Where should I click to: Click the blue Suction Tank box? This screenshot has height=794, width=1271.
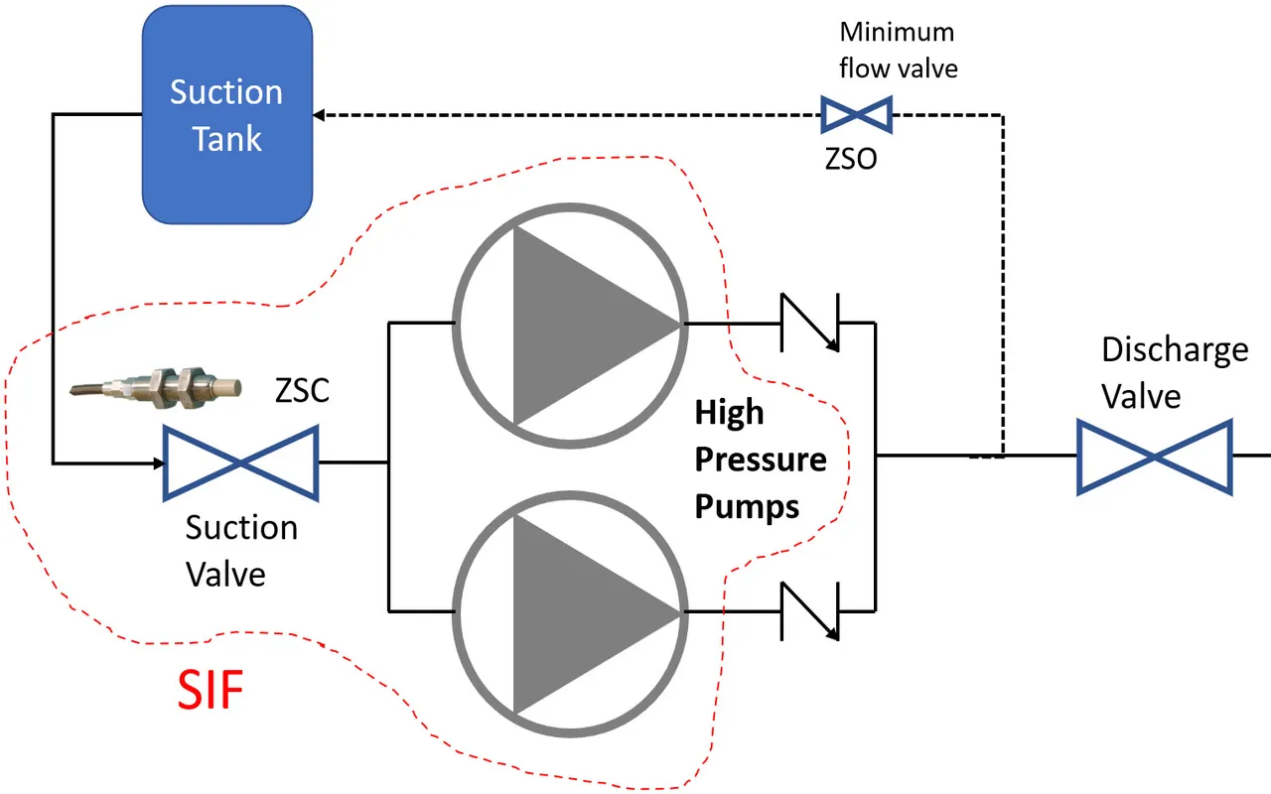[x=227, y=114]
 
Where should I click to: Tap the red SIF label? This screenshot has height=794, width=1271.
[x=211, y=690]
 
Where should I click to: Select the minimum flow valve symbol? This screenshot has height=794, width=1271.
[x=856, y=115]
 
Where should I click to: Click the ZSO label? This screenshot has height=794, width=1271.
[x=851, y=159]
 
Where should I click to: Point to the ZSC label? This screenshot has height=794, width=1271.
[x=302, y=392]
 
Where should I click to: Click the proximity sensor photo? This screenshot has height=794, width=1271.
[x=159, y=384]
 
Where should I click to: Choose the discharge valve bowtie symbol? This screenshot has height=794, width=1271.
[x=1155, y=457]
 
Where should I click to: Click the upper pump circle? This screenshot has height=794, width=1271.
[x=568, y=324]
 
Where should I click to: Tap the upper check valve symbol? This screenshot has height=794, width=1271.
[x=810, y=323]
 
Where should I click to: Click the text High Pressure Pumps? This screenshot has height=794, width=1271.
[x=760, y=460]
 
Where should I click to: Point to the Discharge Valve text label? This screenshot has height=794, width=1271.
[x=1175, y=372]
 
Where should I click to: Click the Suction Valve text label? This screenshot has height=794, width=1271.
[x=240, y=550]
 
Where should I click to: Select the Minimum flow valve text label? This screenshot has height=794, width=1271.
[x=897, y=50]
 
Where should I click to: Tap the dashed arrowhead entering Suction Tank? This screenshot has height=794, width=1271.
[x=323, y=115]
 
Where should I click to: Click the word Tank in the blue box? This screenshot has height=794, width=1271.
[x=227, y=138]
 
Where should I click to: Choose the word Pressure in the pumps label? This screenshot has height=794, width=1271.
[x=760, y=460]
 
